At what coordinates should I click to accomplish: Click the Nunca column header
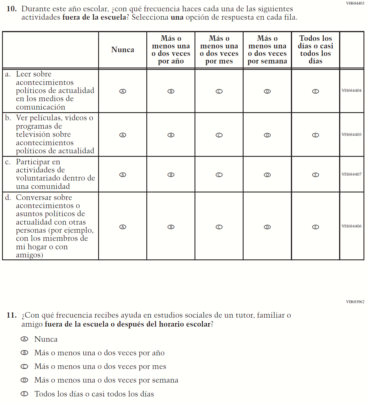(x=123, y=50)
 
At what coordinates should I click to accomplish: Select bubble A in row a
(x=123, y=91)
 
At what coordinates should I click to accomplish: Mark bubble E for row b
(x=316, y=135)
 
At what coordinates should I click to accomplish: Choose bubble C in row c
(x=219, y=175)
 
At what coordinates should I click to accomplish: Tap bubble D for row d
(x=267, y=227)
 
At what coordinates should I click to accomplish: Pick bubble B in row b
(x=171, y=135)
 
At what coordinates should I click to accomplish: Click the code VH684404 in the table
(x=352, y=90)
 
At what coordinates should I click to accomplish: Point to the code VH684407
(x=352, y=174)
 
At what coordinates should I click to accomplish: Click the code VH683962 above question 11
(x=355, y=302)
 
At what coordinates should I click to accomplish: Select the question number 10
(x=12, y=9)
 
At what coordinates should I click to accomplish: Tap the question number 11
(x=12, y=315)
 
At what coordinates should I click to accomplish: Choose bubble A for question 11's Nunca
(x=24, y=339)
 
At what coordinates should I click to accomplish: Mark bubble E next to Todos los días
(x=24, y=394)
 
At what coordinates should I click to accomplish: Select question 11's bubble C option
(x=24, y=367)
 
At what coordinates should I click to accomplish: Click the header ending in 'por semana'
(x=267, y=50)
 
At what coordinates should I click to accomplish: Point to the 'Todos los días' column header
(x=316, y=50)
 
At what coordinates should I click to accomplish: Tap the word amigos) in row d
(x=29, y=255)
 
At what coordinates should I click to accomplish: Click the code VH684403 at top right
(x=355, y=3)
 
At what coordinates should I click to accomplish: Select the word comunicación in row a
(x=41, y=107)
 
